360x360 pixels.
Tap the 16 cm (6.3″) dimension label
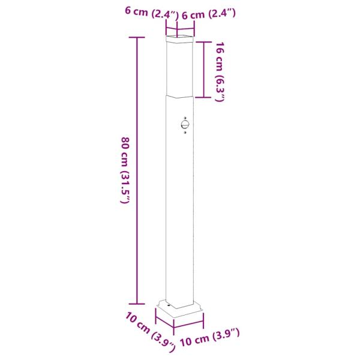coord(219,73)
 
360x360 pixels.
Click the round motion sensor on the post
coord(184,125)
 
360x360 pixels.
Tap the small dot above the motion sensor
coord(186,116)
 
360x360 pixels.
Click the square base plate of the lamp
coord(180,311)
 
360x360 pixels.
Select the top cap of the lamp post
coord(181,40)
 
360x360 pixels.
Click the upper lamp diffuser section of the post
coord(181,69)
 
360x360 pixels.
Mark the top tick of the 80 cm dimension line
coord(137,38)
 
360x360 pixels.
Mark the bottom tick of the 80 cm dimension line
coord(137,304)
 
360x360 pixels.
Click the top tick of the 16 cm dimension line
coord(205,41)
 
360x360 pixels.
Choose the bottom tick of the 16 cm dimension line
coord(205,97)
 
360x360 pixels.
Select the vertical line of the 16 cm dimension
coord(205,69)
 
